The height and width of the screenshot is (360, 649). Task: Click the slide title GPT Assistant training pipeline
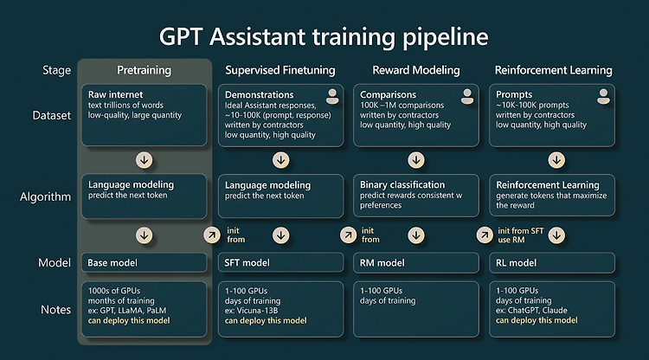324,37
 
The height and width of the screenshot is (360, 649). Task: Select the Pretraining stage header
144,70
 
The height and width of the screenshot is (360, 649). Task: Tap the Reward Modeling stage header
416,70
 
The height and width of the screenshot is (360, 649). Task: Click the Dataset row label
52,115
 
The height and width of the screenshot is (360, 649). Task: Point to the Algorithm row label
46,197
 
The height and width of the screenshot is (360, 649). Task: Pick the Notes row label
56,310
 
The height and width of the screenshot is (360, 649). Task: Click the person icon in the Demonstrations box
332,97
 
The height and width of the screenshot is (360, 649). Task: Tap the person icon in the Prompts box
603,97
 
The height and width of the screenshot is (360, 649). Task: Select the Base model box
144,263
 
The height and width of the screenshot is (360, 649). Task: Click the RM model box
416,263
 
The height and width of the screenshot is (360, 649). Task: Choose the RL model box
552,263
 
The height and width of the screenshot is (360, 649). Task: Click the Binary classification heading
402,185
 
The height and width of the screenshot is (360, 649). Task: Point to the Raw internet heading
115,94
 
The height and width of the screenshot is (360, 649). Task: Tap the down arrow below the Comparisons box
416,160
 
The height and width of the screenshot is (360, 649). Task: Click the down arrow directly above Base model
144,235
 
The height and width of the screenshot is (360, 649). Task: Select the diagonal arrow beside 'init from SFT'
485,235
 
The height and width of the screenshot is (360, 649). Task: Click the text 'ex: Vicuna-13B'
251,311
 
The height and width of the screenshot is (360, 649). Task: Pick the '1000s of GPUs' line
114,291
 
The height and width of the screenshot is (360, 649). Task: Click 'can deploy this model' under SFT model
266,321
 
